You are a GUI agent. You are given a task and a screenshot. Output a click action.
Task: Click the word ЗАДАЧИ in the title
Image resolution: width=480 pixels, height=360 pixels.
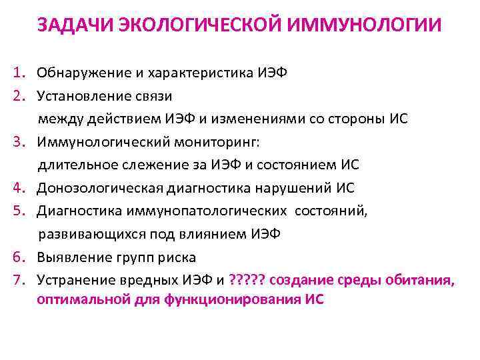(74, 25)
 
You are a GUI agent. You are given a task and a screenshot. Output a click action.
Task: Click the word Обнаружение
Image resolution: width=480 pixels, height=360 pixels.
(79, 72)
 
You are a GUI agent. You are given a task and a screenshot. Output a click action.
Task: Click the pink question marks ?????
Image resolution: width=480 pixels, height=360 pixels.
(248, 281)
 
